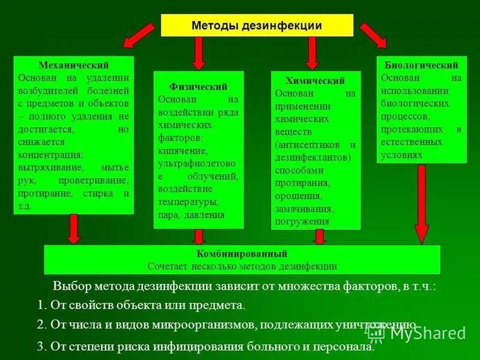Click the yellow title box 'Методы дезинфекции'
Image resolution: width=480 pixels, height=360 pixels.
pyautogui.click(x=257, y=26)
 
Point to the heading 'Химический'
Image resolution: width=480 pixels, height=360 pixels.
pyautogui.click(x=316, y=81)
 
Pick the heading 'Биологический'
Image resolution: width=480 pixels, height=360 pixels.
pyautogui.click(x=421, y=65)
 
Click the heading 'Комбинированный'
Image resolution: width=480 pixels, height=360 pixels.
pyautogui.click(x=242, y=254)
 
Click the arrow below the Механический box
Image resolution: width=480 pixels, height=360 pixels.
pyautogui.click(x=74, y=229)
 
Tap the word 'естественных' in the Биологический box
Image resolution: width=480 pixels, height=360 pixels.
pyautogui.click(x=412, y=142)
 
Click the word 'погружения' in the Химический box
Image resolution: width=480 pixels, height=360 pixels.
pyautogui.click(x=301, y=221)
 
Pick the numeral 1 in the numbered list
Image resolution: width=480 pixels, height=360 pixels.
pyautogui.click(x=40, y=305)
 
